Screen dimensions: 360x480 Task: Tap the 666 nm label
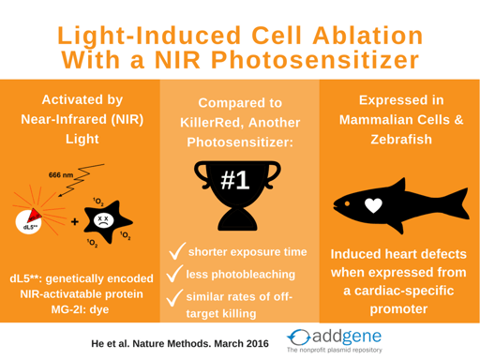point(61,174)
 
